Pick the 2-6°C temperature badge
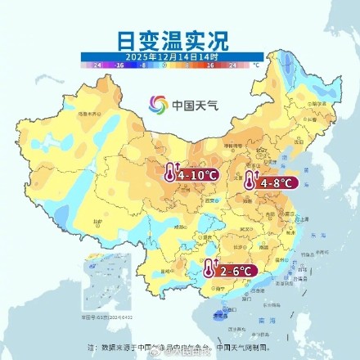[238, 271]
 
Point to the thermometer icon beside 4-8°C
[251, 181]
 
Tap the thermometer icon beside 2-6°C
[212, 269]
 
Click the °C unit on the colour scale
[256, 63]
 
